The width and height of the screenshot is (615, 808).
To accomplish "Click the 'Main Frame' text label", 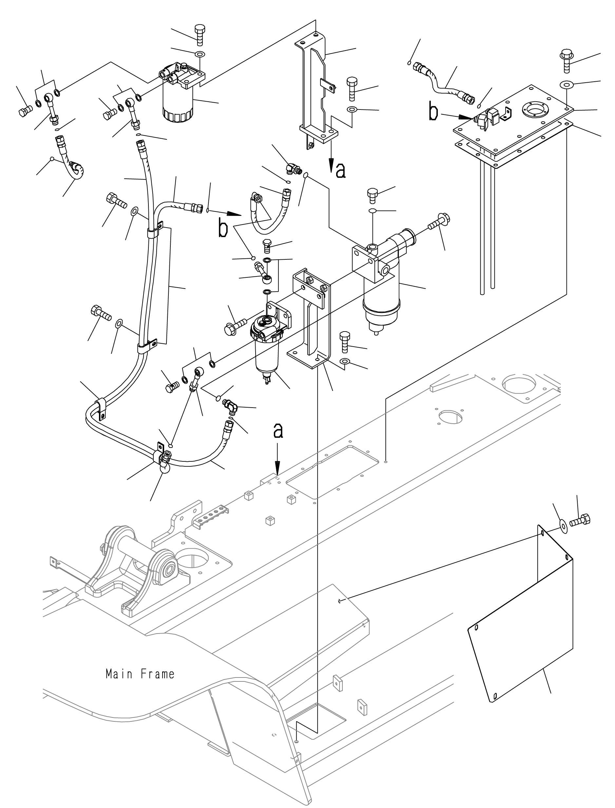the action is click(140, 674).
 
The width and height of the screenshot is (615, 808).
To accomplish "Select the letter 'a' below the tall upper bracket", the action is click(340, 171).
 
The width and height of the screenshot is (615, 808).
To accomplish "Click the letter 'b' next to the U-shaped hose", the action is click(223, 229).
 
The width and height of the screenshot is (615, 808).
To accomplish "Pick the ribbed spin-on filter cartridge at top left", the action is click(178, 106).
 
